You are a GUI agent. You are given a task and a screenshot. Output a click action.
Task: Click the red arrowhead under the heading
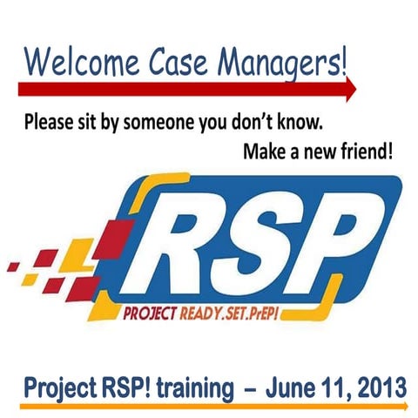350,87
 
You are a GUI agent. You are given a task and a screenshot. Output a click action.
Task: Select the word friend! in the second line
361,152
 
